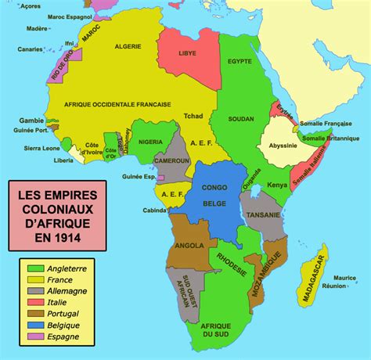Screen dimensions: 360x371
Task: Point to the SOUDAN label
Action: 240,118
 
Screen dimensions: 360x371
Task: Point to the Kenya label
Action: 277,185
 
